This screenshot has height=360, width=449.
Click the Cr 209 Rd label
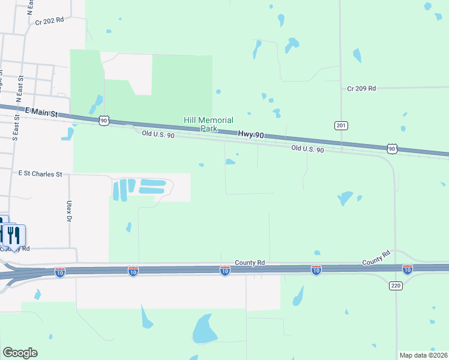click(361, 88)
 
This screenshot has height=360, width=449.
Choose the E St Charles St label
click(40, 174)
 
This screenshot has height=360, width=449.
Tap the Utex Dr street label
click(68, 210)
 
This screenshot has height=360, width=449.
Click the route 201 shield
click(341, 125)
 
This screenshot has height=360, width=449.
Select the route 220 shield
click(395, 286)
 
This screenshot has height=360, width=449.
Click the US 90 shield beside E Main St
click(104, 121)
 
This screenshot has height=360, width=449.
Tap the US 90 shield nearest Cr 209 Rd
click(392, 148)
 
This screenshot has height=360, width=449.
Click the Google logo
click(20, 353)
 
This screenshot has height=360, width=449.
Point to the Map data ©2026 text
click(423, 355)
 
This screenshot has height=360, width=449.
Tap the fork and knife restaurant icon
click(13, 235)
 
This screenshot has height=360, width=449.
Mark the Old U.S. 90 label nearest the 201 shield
click(307, 149)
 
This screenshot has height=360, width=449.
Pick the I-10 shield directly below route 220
click(408, 269)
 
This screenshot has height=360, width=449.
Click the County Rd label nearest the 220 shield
click(376, 259)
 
